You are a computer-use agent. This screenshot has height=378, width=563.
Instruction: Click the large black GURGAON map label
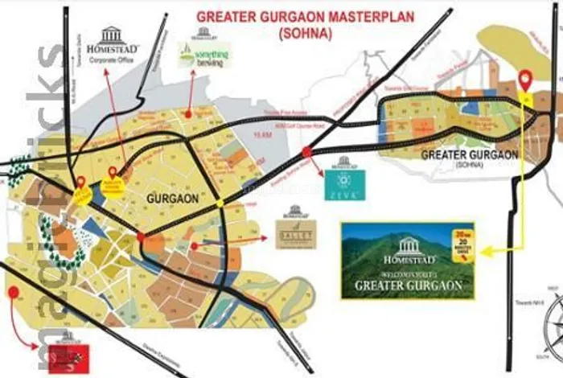tap(167, 195)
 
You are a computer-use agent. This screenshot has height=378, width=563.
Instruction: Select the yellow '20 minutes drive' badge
tap(461, 241)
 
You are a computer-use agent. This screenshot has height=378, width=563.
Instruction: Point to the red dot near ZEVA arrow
tap(306, 152)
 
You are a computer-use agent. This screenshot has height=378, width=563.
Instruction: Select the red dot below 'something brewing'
tap(188, 114)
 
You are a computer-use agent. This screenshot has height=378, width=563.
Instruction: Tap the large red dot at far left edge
tap(13, 291)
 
